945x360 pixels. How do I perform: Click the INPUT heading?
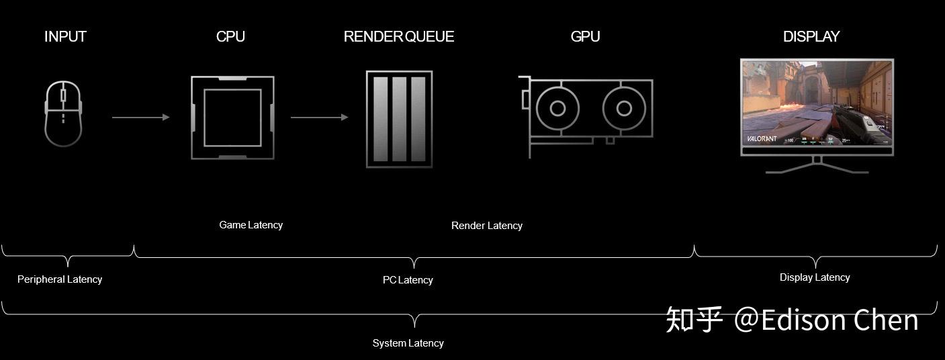65,37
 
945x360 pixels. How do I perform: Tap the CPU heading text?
230,37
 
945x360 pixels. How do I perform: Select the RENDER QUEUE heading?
399,37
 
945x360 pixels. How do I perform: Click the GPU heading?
585,37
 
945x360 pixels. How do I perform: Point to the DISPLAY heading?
811,37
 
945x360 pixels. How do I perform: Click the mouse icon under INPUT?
63,113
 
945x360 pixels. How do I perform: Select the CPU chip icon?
232,118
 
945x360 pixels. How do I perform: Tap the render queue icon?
399,119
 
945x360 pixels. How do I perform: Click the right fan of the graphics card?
624,108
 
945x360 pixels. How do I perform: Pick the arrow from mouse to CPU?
140,118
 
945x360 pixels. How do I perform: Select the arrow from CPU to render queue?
319,118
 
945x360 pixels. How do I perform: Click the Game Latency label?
251,225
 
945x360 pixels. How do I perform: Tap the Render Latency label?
486,226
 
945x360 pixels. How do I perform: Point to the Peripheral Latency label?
60,279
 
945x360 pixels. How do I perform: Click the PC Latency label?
408,280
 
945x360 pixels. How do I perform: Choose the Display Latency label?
815,277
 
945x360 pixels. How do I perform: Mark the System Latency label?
408,343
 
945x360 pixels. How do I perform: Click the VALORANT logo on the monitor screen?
762,139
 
